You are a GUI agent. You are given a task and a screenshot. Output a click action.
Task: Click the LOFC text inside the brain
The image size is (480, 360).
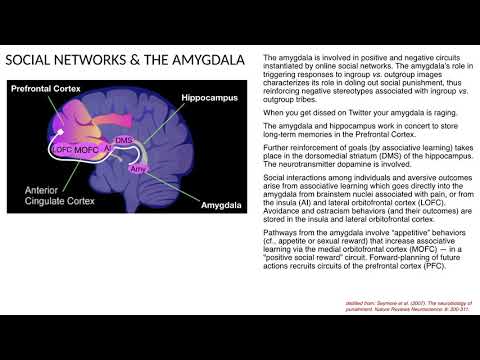[64, 150]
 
